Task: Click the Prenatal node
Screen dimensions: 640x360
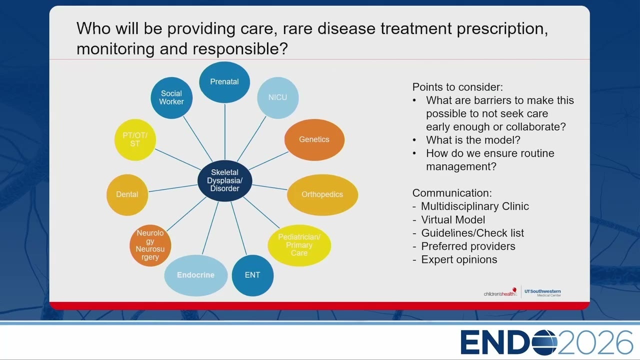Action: [224, 82]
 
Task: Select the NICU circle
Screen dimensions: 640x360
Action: [277, 97]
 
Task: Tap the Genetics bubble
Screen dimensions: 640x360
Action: [314, 139]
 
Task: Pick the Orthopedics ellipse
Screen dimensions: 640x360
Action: [322, 194]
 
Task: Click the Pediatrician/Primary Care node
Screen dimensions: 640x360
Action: [299, 245]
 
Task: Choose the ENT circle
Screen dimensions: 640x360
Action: [252, 275]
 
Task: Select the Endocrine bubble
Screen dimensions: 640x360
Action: [195, 275]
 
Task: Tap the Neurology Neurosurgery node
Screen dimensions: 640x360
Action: [150, 245]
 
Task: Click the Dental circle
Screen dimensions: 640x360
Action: [127, 194]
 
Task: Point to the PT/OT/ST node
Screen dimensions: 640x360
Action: [135, 139]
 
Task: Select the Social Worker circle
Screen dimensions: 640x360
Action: [171, 97]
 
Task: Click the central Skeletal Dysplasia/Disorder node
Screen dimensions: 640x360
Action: [225, 180]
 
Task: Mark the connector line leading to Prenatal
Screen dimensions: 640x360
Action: [225, 131]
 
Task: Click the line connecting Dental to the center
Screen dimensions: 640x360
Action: [173, 188]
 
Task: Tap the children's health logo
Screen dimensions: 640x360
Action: [500, 292]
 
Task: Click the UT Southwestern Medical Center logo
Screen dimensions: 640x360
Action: [542, 293]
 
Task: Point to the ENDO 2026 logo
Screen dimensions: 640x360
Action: [546, 342]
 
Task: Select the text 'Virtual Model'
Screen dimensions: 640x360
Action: [453, 219]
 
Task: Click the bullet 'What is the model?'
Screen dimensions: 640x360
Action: [473, 140]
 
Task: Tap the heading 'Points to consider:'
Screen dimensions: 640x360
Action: [457, 87]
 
